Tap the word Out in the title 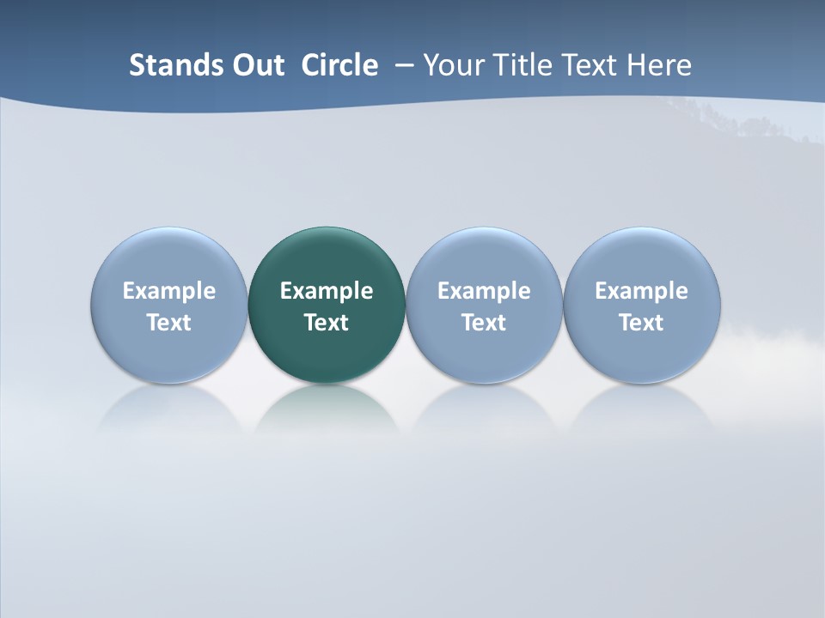click(x=256, y=65)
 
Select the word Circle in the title click(x=339, y=65)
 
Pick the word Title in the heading click(x=522, y=65)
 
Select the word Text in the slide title click(x=590, y=65)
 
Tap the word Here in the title click(x=659, y=65)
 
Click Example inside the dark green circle click(x=327, y=291)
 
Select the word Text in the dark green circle click(x=327, y=323)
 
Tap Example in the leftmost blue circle click(x=169, y=291)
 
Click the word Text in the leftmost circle click(x=169, y=323)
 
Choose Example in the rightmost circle click(x=641, y=291)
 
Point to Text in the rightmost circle click(x=641, y=323)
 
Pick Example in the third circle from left click(x=484, y=291)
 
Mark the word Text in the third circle click(x=484, y=323)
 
